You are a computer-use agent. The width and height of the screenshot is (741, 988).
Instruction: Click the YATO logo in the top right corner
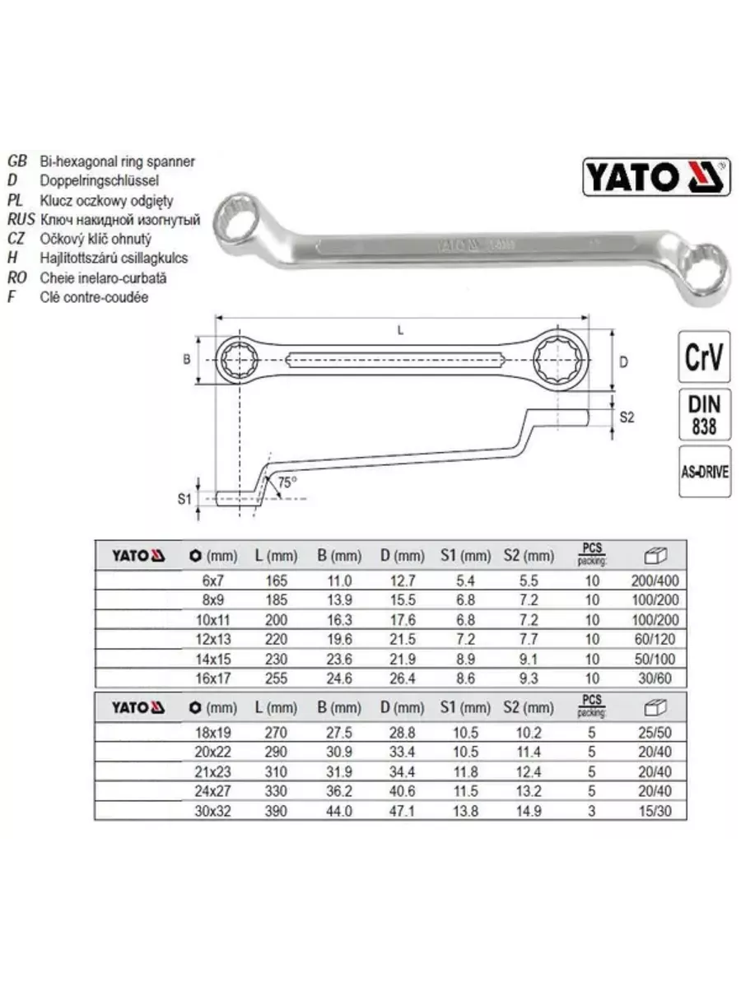[x=656, y=176]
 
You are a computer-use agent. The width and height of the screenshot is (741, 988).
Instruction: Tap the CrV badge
[x=704, y=357]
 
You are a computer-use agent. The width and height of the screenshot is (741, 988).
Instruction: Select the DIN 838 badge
[x=704, y=415]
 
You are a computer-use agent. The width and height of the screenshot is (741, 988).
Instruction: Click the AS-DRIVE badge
[x=704, y=472]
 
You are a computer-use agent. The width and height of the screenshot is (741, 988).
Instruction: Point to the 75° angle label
[x=287, y=482]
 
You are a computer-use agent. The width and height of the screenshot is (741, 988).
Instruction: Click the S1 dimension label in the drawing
[x=184, y=499]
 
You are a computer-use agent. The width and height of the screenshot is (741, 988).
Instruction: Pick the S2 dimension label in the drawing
[x=627, y=417]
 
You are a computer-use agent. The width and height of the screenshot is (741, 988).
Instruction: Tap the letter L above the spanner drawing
[x=400, y=331]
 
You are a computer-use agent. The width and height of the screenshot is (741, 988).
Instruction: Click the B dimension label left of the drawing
[x=186, y=359]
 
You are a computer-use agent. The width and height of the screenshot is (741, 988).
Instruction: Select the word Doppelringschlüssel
[x=99, y=180]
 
